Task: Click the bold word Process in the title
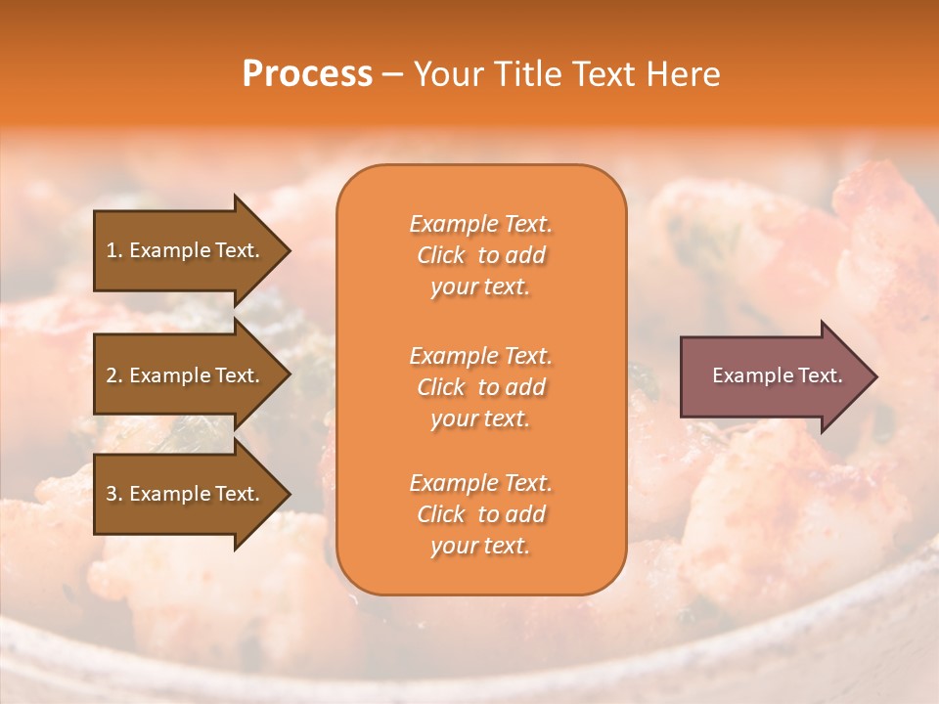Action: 307,74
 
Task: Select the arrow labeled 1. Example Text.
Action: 186,250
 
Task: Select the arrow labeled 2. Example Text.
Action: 186,375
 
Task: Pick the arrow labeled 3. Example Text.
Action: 186,494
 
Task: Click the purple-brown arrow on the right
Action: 773,376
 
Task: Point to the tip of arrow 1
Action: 288,251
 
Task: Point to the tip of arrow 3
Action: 288,495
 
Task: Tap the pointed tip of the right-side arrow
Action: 874,376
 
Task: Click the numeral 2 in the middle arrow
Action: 112,375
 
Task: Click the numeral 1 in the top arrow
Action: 112,250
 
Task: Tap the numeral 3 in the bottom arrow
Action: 112,494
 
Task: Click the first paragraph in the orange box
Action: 480,255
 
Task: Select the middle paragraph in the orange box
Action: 480,387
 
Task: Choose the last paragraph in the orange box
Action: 480,514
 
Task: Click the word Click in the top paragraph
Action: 441,255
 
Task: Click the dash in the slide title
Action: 392,75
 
